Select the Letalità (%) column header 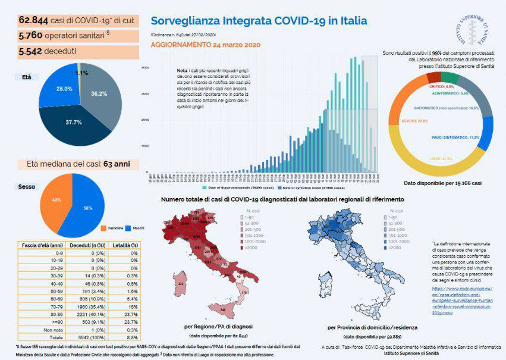click(x=125, y=245)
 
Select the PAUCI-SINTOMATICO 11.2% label click(x=455, y=137)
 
